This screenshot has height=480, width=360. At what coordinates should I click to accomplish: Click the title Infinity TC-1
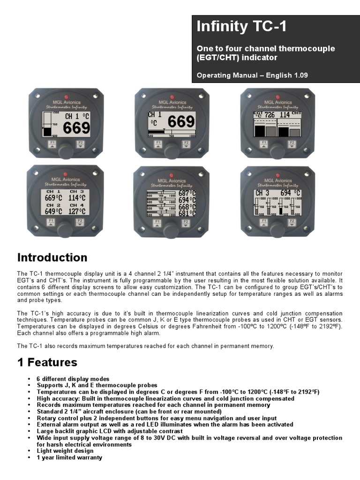tap(241, 27)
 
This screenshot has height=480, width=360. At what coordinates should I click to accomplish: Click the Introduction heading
tap(52, 257)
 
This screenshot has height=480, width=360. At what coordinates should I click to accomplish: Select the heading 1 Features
tap(47, 362)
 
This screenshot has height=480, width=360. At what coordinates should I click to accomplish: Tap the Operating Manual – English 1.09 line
tap(252, 75)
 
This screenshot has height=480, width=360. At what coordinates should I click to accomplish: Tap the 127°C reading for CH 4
tap(77, 211)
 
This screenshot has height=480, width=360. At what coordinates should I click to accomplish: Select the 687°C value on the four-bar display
tap(187, 193)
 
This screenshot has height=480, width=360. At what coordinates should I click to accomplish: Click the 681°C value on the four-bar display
tap(187, 213)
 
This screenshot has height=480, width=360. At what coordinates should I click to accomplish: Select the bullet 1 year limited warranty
tap(69, 457)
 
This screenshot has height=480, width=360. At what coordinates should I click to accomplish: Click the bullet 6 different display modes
tap(73, 379)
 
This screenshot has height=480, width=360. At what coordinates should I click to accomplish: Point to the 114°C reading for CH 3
tap(77, 198)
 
